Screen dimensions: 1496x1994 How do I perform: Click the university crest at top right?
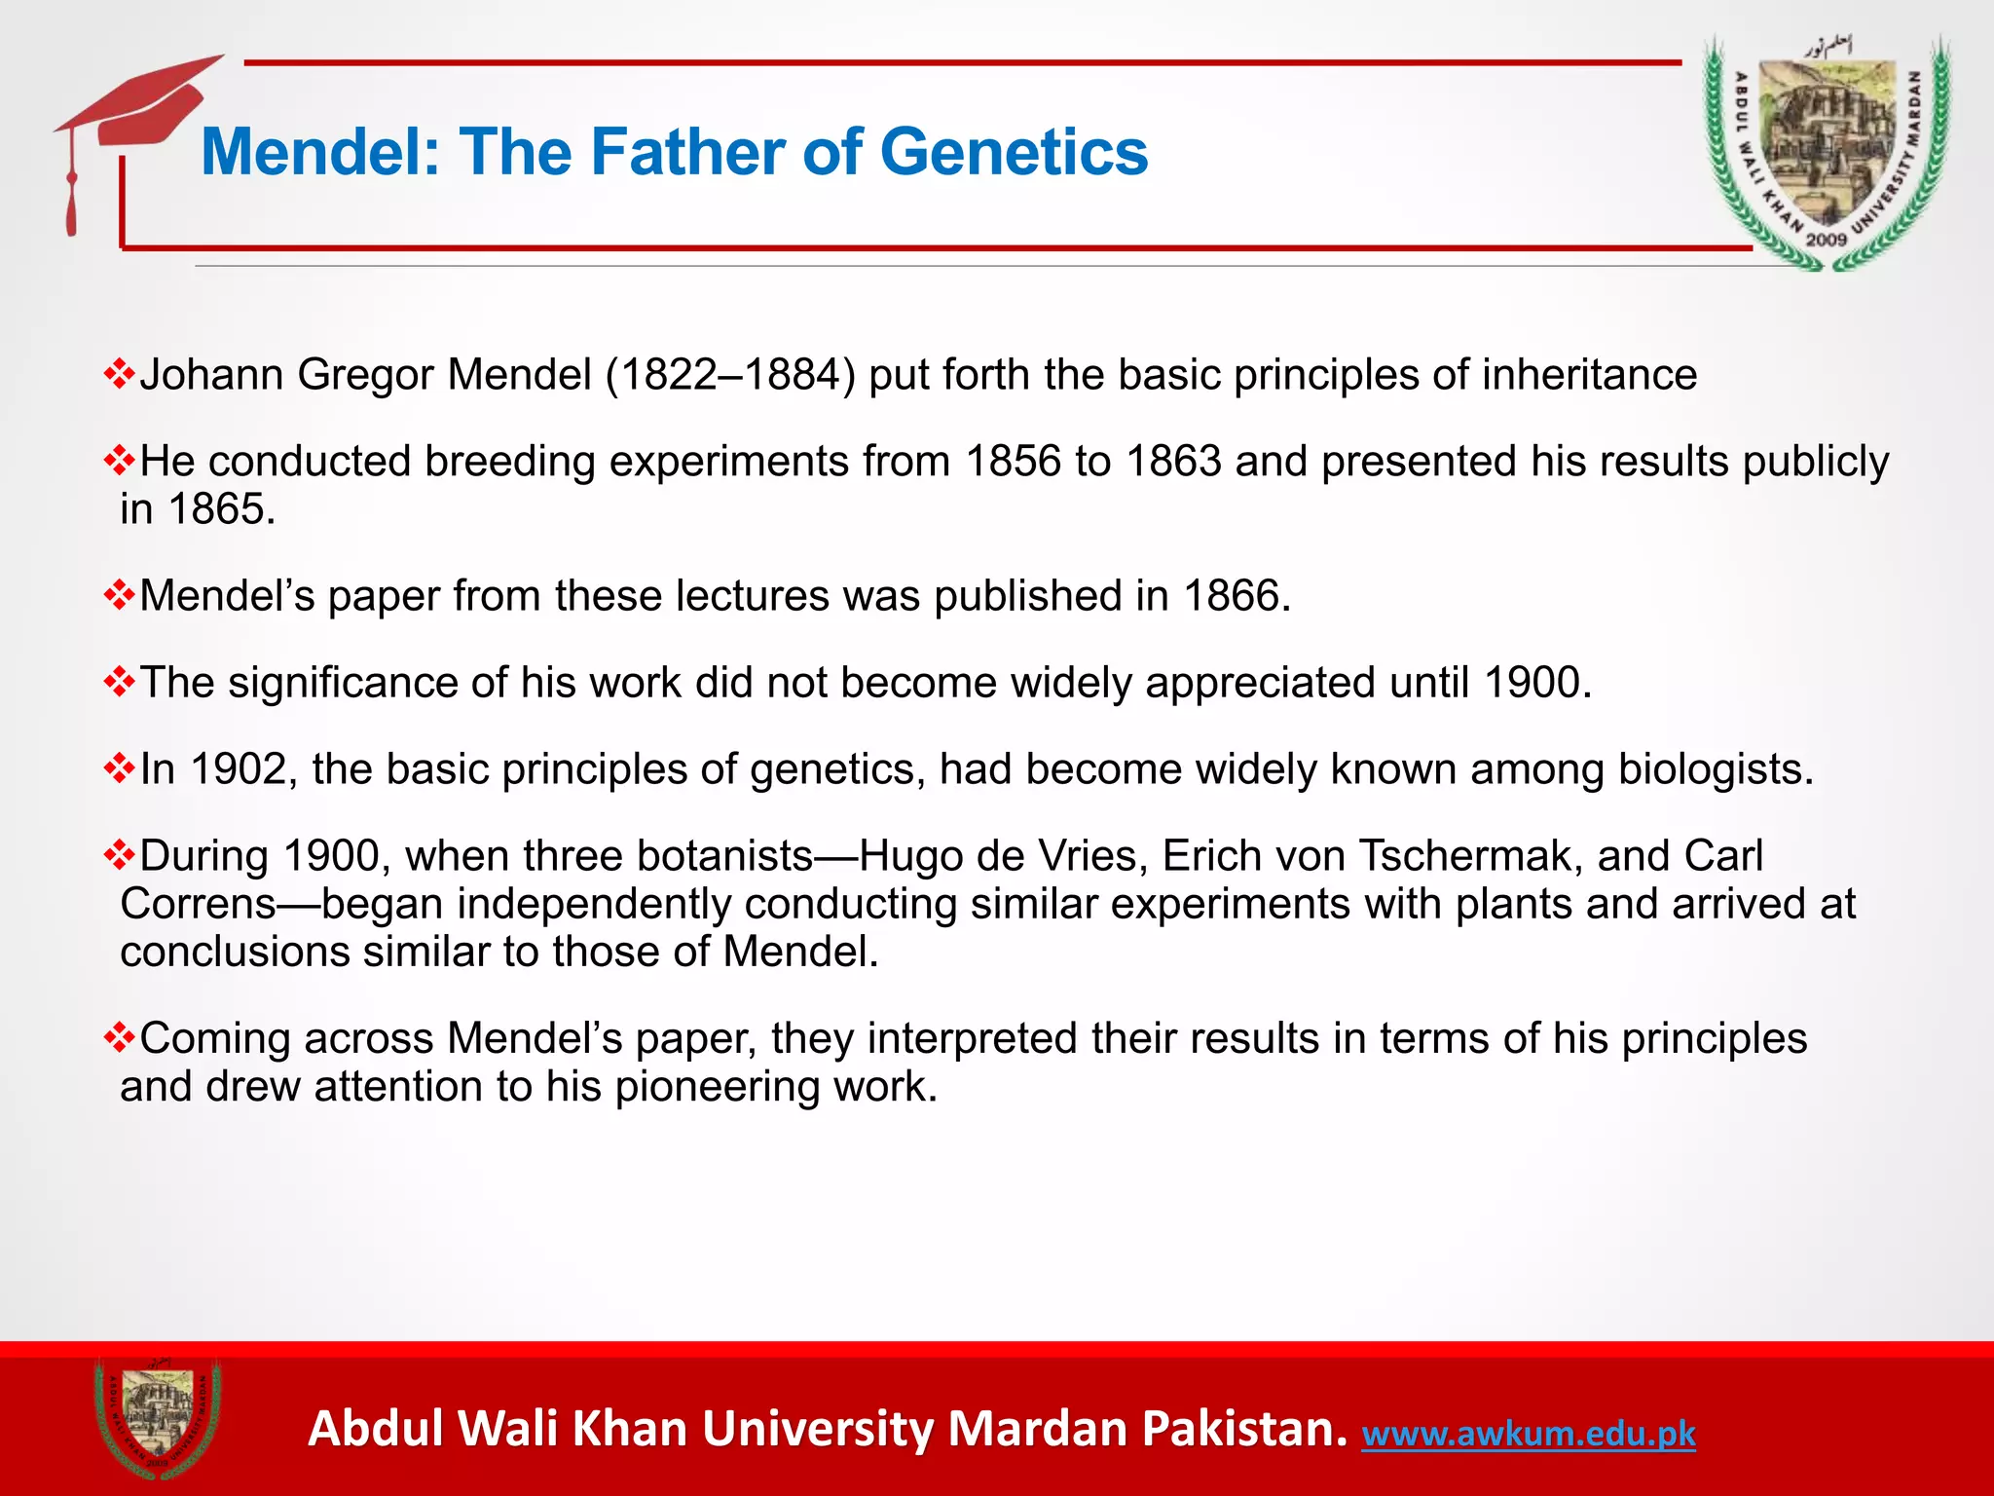tap(1827, 153)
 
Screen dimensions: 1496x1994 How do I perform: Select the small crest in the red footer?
tap(157, 1419)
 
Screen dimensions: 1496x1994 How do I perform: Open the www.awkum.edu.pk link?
tap(1528, 1433)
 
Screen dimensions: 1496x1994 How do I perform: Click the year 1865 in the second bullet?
tap(221, 509)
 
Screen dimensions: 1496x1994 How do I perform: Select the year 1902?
tap(238, 769)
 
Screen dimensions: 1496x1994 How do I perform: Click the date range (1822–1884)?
tap(730, 375)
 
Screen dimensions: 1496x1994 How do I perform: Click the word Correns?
tap(199, 904)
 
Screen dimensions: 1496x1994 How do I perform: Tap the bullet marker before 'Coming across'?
tap(119, 1037)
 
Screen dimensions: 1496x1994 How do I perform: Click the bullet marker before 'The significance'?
tap(119, 682)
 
